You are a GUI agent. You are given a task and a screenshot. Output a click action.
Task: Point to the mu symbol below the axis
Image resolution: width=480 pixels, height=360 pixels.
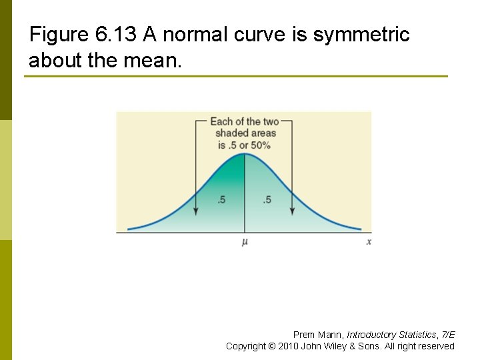point(245,242)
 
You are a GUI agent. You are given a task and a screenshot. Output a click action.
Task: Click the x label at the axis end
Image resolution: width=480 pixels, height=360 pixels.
point(369,242)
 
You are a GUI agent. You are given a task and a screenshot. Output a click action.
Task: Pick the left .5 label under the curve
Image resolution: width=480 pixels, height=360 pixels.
point(221,200)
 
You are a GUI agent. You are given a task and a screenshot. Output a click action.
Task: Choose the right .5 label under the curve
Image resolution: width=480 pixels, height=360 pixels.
point(267,200)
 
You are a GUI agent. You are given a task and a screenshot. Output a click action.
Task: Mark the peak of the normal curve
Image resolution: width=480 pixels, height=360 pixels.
point(245,154)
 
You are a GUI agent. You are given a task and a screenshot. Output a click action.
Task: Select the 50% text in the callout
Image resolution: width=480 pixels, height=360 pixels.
point(259,145)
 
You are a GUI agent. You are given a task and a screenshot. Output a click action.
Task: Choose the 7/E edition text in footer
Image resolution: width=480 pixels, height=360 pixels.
point(448,335)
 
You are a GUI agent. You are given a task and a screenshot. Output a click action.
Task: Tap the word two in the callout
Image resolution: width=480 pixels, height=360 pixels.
point(271,121)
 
